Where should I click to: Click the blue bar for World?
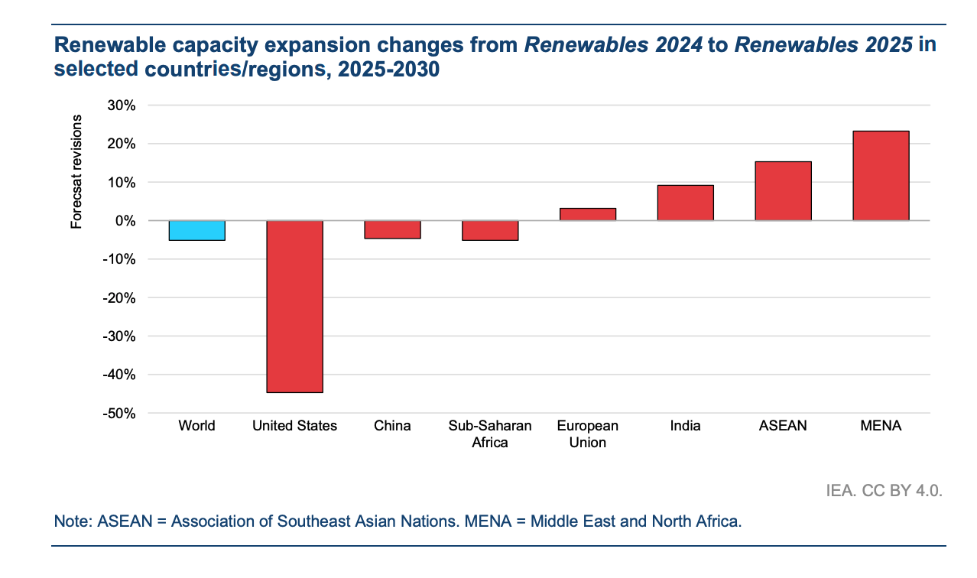pos(196,230)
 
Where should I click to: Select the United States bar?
pos(294,306)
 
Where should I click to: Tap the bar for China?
pos(392,229)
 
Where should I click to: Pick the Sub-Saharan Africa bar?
pos(490,230)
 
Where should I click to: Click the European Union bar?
pos(588,215)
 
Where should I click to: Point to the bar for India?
pos(686,203)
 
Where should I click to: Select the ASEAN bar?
pos(783,191)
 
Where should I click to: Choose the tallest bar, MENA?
pos(881,176)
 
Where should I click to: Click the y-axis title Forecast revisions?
pos(76,171)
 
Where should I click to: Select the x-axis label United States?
pos(294,426)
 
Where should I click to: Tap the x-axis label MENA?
pos(881,426)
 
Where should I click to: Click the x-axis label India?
pos(686,426)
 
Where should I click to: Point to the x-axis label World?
pos(196,426)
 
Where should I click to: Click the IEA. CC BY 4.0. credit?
pos(884,490)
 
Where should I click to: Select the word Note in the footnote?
pos(71,521)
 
